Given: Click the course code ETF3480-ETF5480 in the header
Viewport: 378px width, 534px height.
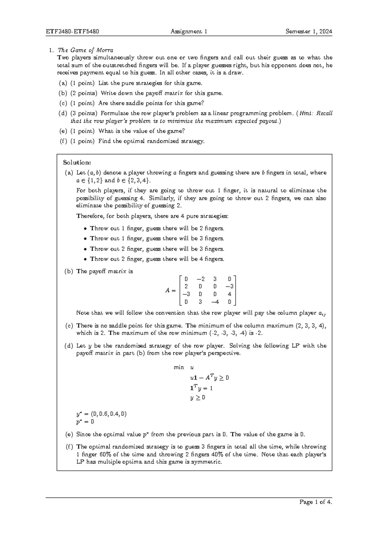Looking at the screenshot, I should click(73, 31).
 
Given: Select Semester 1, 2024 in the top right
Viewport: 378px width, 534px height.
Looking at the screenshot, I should click(309, 31).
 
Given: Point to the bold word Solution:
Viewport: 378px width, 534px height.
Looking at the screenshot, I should click(77, 162).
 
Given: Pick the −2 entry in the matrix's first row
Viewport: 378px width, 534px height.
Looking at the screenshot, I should click(200, 279).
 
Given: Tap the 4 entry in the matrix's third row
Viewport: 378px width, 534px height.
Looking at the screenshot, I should click(229, 294).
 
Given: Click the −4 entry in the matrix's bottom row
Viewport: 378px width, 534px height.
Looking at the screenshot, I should click(215, 302).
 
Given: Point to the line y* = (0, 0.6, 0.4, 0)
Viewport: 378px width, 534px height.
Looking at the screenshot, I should click(101, 414).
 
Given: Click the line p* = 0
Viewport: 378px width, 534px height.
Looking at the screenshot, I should click(85, 422).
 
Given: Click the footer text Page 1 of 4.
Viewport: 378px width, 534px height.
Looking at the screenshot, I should click(316, 502).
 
